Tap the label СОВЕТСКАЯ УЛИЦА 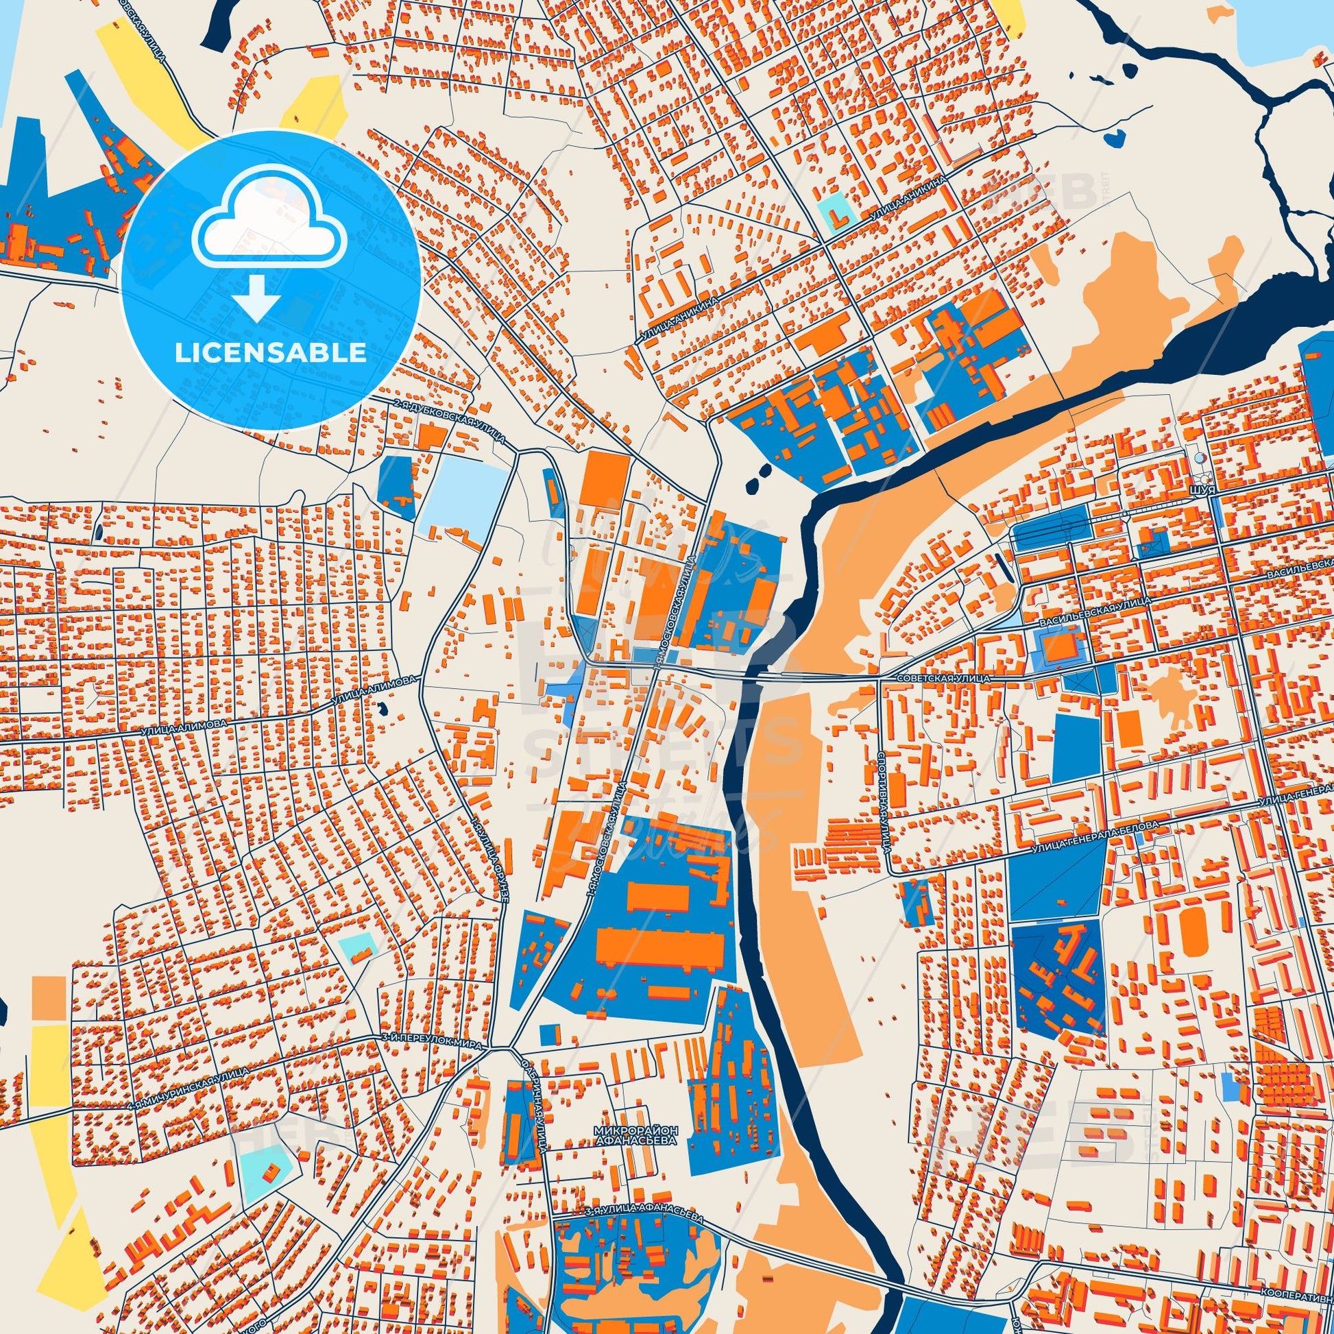pyautogui.click(x=943, y=679)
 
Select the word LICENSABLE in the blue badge pyautogui.click(x=270, y=353)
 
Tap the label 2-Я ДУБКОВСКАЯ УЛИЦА pyautogui.click(x=450, y=420)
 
